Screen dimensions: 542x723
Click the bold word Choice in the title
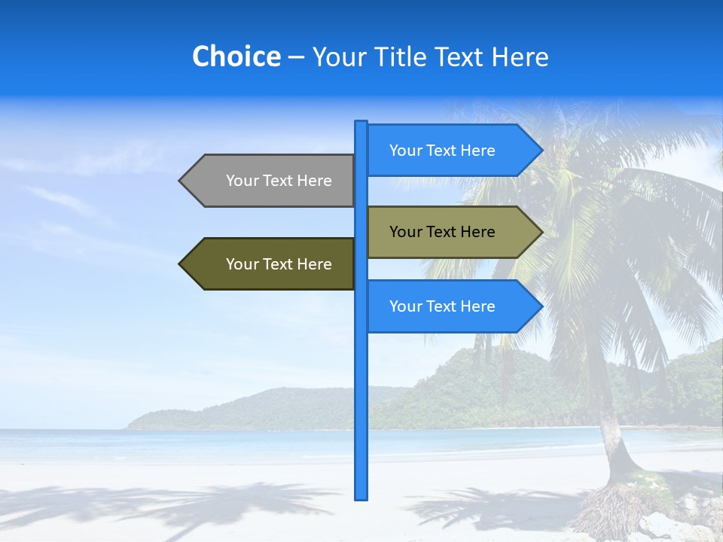236,56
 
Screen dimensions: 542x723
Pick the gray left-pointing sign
271,181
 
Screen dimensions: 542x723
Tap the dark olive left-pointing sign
271,264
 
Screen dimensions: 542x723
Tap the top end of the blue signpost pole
361,123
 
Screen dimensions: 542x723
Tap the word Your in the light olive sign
405,232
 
